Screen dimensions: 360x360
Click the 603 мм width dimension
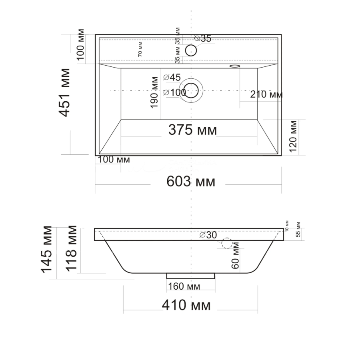(191, 182)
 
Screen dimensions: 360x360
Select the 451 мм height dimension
(65, 92)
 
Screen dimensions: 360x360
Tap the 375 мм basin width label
(192, 130)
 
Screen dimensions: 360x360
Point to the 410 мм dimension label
(186, 306)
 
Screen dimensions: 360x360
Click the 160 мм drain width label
(184, 286)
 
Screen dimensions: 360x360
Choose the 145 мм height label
(47, 249)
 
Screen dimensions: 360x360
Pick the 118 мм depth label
(72, 248)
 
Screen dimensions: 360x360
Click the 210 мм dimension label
(266, 95)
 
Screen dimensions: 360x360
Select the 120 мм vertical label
(293, 136)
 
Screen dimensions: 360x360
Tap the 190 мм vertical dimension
(155, 92)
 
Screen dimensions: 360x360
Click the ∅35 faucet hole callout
(203, 38)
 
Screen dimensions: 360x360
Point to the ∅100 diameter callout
(175, 92)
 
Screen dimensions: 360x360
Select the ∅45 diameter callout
(172, 77)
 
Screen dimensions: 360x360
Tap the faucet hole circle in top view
(191, 50)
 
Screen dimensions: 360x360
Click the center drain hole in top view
(192, 90)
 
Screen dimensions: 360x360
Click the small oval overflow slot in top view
(234, 66)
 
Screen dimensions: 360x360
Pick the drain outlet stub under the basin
(191, 276)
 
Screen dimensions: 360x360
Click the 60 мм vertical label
(235, 255)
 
